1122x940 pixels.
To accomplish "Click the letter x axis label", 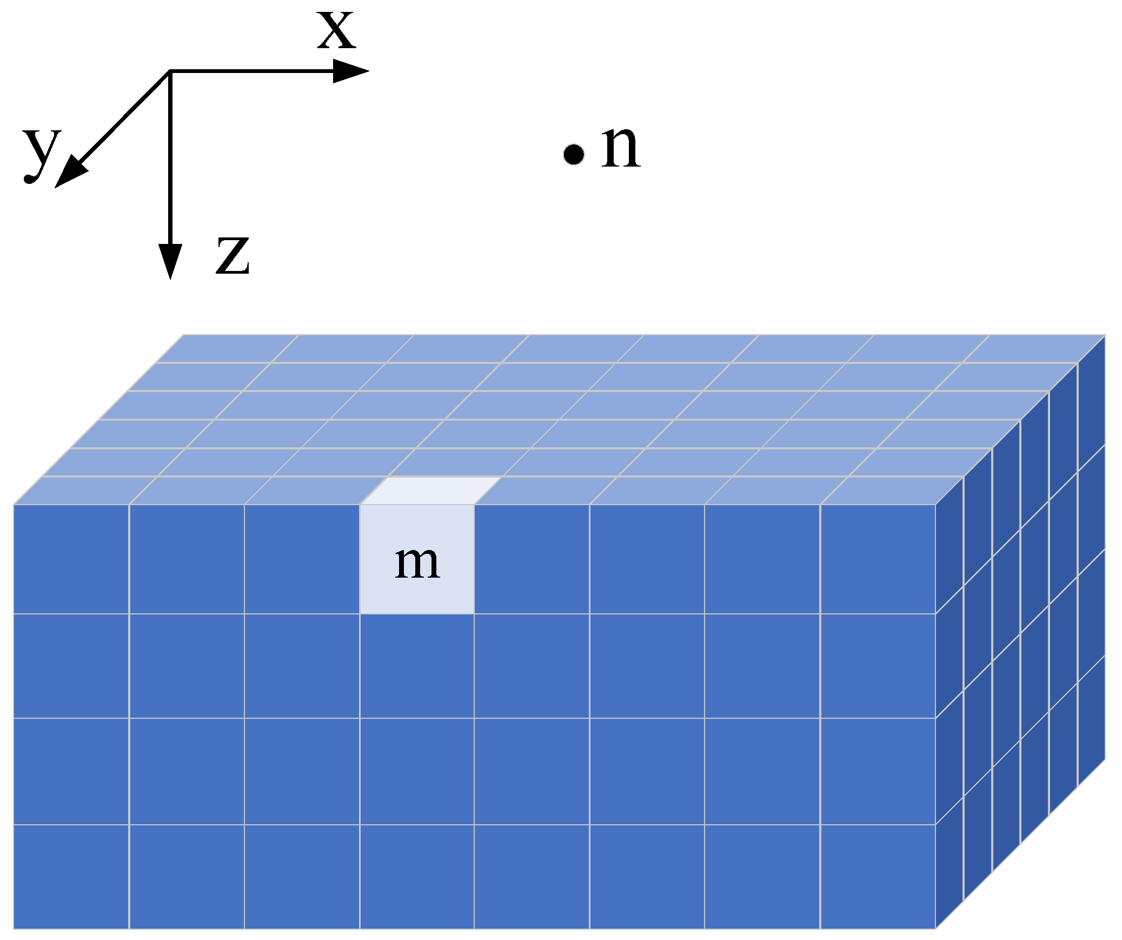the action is [336, 30].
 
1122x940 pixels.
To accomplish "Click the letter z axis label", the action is [233, 255].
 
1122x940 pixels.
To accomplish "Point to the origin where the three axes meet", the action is [170, 71].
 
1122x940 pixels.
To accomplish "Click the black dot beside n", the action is [573, 154].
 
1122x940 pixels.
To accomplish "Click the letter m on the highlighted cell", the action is [417, 563].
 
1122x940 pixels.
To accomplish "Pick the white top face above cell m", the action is [431, 491].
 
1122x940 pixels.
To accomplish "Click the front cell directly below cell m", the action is [417, 666].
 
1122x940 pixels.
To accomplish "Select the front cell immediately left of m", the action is [302, 559].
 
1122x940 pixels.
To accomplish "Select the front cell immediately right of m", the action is [532, 559].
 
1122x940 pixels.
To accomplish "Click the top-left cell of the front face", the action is [71, 559].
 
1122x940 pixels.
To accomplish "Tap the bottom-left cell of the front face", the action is [71, 876].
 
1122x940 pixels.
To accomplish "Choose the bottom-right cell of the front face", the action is [878, 876].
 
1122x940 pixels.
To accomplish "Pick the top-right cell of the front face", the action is [878, 559].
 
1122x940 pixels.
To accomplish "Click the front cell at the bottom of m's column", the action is [417, 876].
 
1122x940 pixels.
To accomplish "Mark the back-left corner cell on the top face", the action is [227, 348].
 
